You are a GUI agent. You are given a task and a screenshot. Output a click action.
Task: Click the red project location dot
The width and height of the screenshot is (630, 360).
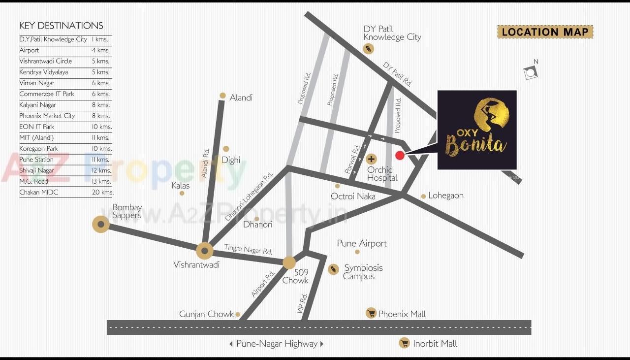point(400,156)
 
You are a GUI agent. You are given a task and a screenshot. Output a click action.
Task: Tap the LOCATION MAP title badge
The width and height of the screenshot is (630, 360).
point(545,33)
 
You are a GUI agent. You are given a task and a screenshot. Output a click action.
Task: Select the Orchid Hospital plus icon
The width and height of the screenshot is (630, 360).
point(372,159)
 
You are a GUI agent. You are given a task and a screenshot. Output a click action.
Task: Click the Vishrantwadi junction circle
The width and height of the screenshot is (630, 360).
point(204,251)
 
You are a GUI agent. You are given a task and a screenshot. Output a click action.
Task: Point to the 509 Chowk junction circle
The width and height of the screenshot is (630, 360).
point(289,262)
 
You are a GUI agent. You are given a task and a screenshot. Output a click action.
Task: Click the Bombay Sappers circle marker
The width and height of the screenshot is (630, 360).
point(101,225)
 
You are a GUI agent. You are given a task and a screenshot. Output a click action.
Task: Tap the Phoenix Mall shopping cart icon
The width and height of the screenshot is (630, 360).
point(371,313)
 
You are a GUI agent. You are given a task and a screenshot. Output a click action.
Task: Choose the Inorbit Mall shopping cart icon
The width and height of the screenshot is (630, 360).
point(404,343)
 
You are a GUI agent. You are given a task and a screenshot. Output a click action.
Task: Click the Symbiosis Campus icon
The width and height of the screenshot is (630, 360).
point(333,269)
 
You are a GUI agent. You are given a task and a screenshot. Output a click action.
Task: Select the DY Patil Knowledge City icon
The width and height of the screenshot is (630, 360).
point(368,49)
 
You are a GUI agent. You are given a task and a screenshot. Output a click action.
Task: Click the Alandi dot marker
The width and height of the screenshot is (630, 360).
point(223,96)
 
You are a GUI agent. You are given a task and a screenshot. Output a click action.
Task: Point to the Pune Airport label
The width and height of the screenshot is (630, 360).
point(362,243)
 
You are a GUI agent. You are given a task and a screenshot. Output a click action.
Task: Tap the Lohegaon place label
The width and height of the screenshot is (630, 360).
point(446,196)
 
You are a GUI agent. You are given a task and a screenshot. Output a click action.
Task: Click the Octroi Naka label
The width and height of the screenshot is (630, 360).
point(353,196)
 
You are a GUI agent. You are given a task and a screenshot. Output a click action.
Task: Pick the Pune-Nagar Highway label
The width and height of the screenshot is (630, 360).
point(277,344)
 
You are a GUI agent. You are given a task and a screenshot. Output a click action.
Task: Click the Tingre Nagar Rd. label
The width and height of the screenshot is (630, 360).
point(248,250)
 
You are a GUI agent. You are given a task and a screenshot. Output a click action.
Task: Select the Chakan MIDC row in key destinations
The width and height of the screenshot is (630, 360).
point(66,193)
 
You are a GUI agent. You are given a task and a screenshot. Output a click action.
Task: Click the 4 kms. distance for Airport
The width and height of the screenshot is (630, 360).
point(101,50)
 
